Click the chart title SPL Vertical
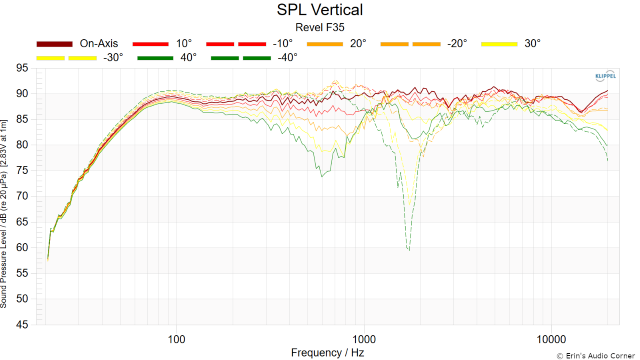point(319,10)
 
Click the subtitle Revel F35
point(319,28)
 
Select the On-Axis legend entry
point(101,44)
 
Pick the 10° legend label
point(183,44)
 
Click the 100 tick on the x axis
point(177,337)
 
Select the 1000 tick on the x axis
point(364,337)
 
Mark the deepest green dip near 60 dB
point(408,247)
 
